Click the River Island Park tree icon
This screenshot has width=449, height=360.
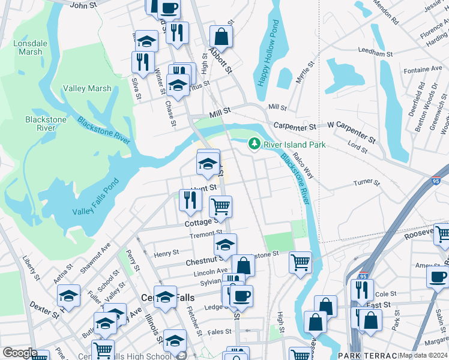255,144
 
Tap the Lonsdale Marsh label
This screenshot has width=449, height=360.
26,47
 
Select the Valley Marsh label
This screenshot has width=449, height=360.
88,88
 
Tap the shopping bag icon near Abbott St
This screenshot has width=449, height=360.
221,36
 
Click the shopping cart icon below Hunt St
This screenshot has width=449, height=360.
220,206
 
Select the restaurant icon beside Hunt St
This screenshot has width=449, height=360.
190,200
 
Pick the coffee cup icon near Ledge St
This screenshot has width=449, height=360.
241,295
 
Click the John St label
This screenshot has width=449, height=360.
83,5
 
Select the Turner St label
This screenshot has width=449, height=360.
367,182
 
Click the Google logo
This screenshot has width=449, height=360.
20,353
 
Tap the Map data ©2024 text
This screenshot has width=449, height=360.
423,355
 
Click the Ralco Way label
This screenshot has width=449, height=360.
304,168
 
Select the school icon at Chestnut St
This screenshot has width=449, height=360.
225,244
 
